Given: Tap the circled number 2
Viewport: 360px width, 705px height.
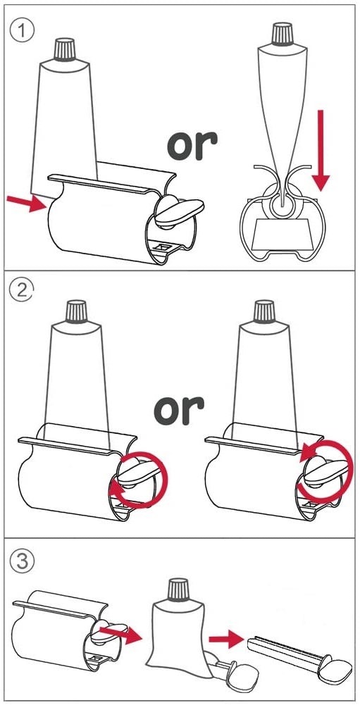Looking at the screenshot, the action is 20,293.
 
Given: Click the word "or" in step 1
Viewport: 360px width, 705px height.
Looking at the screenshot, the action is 192,146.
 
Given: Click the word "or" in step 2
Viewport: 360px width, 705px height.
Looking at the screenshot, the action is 179,411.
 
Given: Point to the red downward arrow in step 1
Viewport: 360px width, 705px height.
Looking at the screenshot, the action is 321,150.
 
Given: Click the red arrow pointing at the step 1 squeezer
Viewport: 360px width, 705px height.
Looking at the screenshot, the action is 27,204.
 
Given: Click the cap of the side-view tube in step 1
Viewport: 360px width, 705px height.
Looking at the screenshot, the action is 282,34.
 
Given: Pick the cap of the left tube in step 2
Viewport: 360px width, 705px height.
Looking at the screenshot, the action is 76,312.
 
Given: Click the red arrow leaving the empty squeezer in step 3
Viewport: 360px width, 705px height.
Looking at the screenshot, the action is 120,635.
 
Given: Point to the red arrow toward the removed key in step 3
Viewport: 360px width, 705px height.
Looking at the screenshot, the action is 227,639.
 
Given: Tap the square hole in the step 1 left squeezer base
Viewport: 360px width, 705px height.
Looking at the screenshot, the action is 163,247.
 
